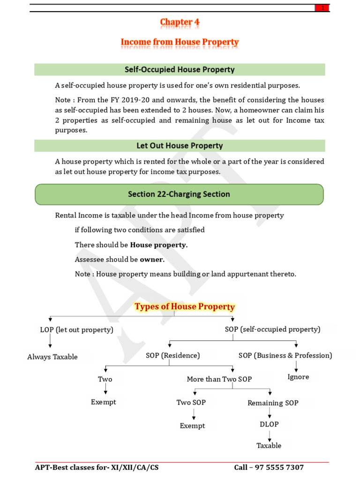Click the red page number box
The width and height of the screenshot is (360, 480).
point(322,8)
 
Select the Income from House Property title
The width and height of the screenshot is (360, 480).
point(180,42)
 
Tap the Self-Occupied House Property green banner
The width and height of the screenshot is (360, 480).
point(180,70)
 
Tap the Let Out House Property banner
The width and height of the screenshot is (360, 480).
point(180,146)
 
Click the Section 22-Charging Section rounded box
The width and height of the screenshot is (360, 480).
point(179,194)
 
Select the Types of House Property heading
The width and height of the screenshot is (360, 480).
point(185,307)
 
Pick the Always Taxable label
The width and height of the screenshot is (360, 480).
point(52,357)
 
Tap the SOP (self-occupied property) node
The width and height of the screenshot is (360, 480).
point(272,329)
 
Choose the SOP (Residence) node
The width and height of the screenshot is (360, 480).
point(172,355)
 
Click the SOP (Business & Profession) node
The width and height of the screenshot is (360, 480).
point(285,355)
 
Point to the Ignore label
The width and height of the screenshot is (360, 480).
point(298,377)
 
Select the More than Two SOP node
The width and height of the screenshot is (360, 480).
point(219,379)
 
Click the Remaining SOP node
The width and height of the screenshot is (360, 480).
point(273,403)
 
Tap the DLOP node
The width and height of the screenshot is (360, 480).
point(269,424)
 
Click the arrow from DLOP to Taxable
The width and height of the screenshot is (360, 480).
point(269,435)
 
